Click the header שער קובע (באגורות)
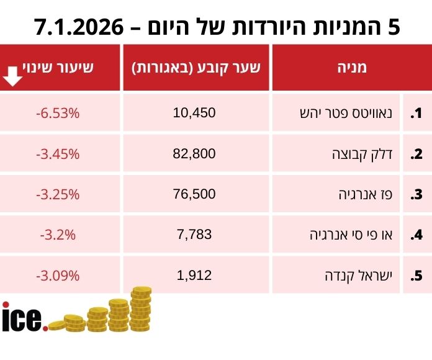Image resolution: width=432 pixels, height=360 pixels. [x=196, y=68]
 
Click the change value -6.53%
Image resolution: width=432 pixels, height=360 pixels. [x=58, y=113]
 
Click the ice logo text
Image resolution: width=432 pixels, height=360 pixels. [x=24, y=317]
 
